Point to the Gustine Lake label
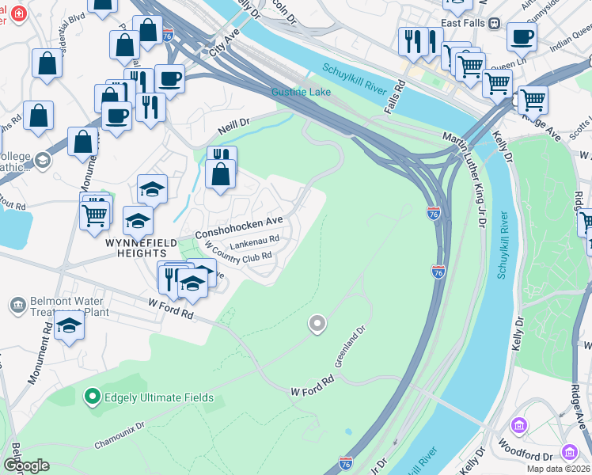click(x=301, y=92)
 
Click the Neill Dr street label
click(x=233, y=124)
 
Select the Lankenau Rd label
click(x=255, y=238)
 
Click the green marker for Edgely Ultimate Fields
click(x=92, y=395)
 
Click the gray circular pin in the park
click(x=317, y=323)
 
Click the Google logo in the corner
click(x=26, y=465)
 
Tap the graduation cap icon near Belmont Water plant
click(x=70, y=325)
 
